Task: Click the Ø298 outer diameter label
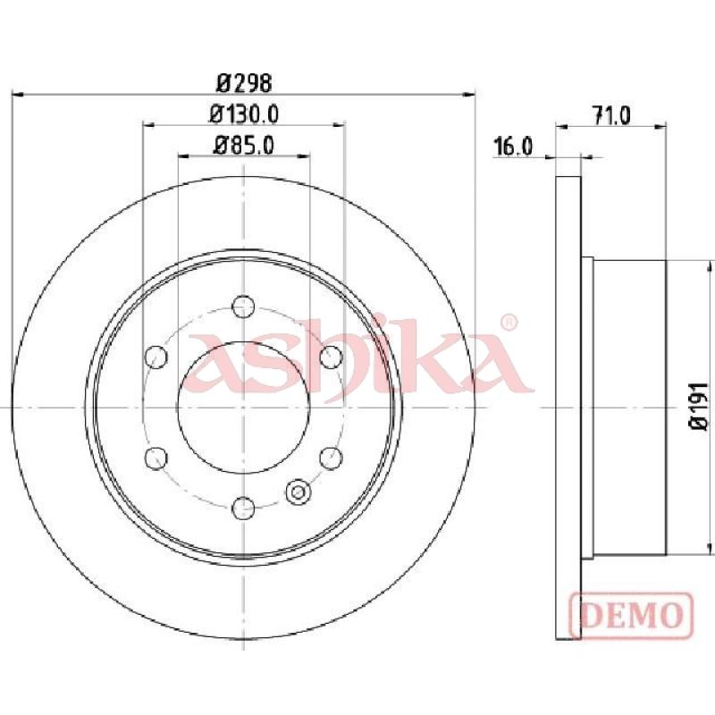tap(244, 83)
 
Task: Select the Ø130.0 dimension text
tap(244, 114)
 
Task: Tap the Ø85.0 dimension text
tap(244, 146)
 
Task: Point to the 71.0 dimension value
tap(611, 115)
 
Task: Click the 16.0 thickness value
tap(513, 147)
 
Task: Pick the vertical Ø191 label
tap(699, 407)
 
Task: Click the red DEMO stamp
tap(632, 615)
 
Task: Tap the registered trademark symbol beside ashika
tap(509, 322)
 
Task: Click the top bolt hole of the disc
tap(243, 306)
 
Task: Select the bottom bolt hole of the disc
tap(243, 508)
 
